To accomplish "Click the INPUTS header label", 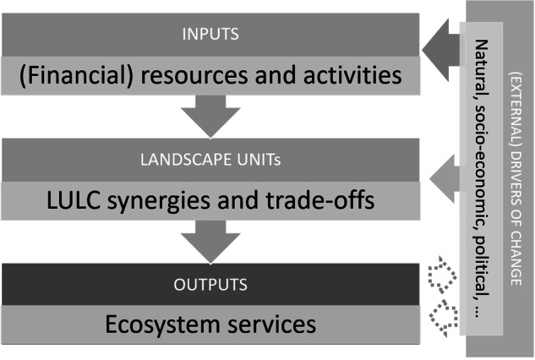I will click(210, 36).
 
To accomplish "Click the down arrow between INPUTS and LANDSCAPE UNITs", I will click(210, 116).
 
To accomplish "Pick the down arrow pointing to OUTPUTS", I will click(210, 240).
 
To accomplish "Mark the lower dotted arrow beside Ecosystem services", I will click(442, 317).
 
